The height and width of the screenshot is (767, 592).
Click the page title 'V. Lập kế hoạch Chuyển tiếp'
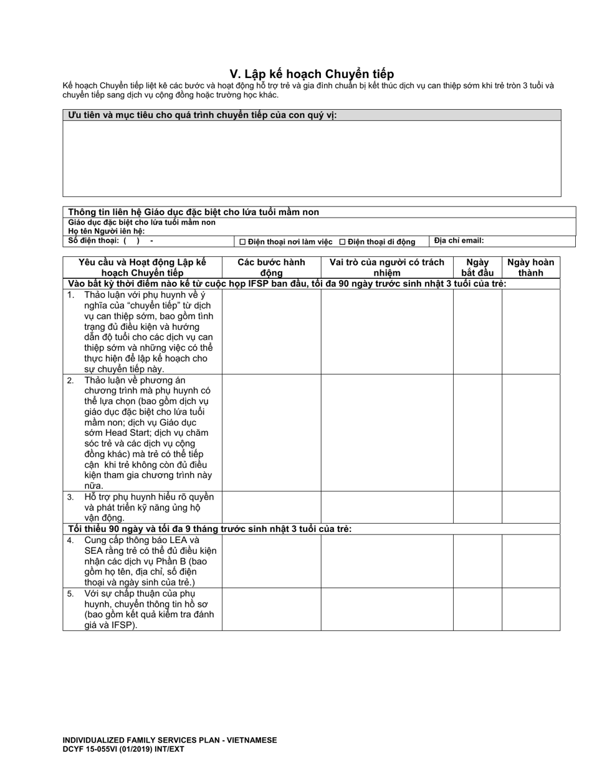(312, 74)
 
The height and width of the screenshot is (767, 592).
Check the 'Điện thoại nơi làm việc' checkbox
(243, 242)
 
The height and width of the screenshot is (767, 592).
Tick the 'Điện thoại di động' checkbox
(342, 242)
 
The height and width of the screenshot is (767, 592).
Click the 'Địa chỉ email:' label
(459, 240)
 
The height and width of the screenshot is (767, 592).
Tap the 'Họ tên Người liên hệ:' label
(107, 231)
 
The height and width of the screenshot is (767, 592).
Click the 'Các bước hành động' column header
(271, 267)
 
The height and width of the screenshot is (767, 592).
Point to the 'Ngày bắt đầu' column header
(477, 267)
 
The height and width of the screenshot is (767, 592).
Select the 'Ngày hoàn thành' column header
(530, 267)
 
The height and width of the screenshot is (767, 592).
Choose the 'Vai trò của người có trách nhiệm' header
(387, 267)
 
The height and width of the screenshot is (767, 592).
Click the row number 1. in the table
(71, 295)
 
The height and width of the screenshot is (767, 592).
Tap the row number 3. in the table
(71, 497)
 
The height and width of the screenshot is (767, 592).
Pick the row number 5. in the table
(71, 594)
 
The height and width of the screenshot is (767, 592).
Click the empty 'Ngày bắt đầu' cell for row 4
(477, 561)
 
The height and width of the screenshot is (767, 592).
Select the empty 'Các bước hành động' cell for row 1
(271, 331)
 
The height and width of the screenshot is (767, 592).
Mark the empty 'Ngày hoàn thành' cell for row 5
(530, 609)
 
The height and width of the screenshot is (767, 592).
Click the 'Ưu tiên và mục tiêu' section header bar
(312, 115)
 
